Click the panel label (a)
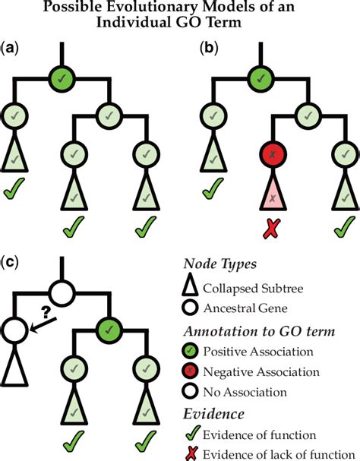pos(12,47)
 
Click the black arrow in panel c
pos(43,325)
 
